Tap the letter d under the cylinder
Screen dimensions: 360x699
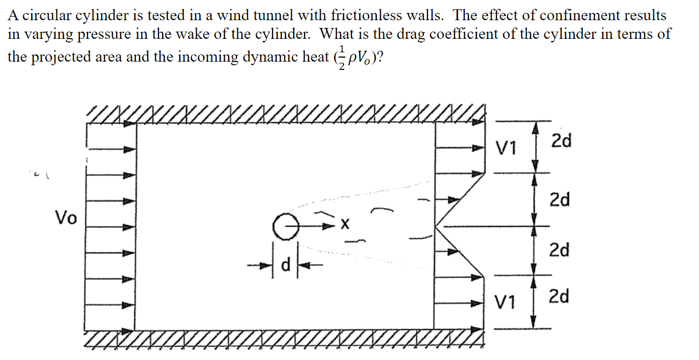[x=284, y=265]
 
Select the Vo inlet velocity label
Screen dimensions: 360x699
[x=66, y=218]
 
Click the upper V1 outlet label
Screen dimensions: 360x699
[x=506, y=149]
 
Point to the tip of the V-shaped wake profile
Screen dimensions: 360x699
[x=436, y=226]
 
